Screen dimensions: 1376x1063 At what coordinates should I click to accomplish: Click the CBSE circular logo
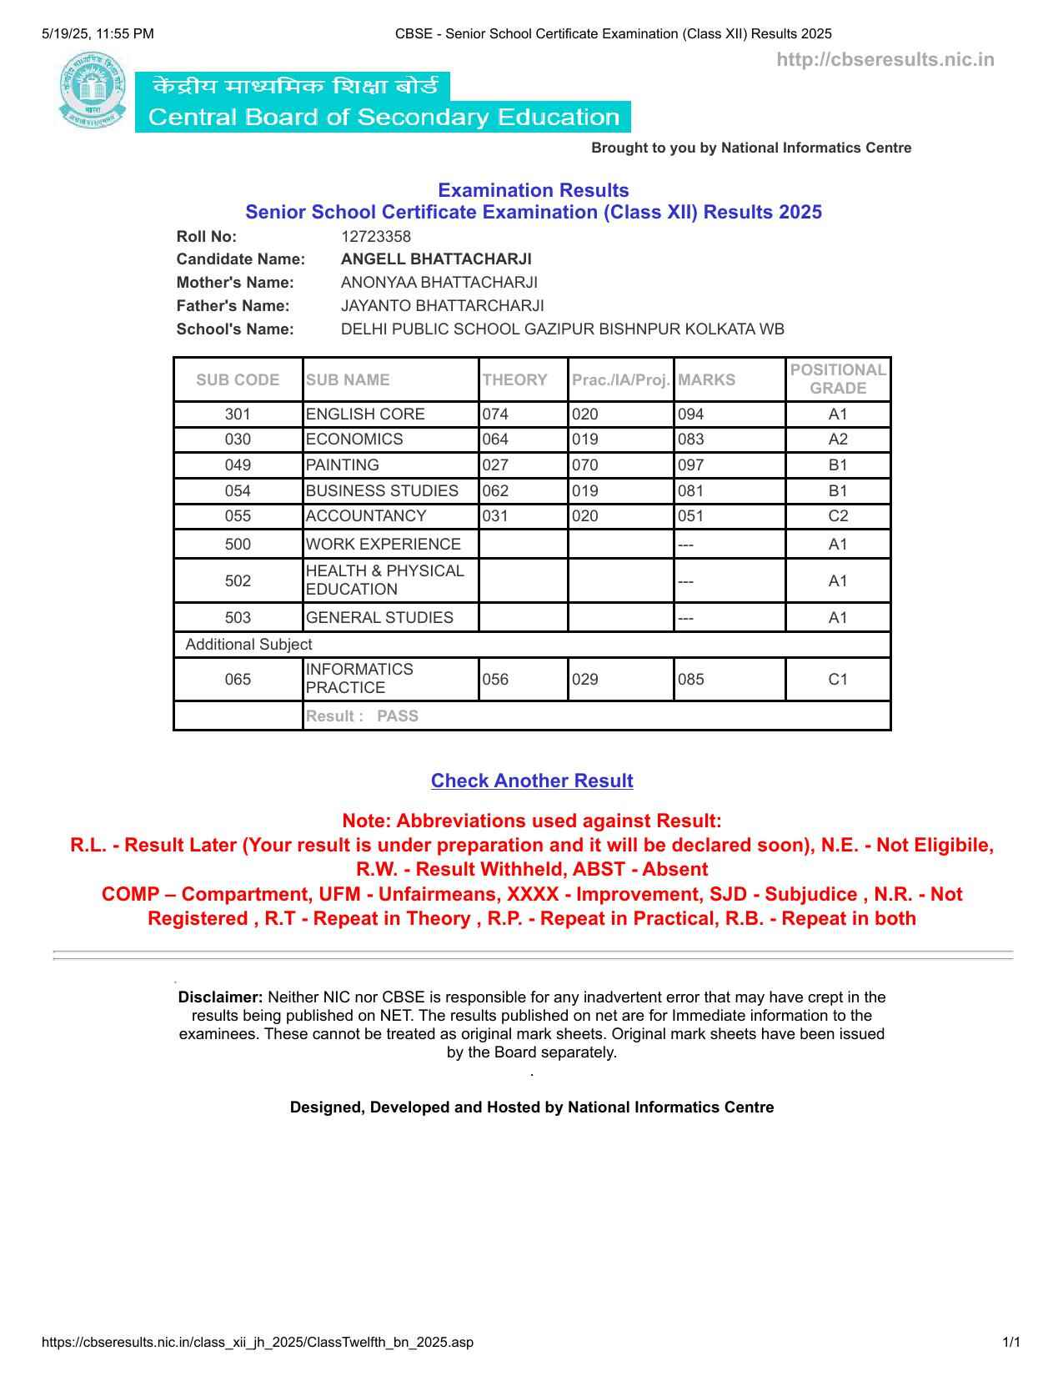pyautogui.click(x=93, y=90)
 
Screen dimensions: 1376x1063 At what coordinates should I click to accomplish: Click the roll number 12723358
pyautogui.click(x=375, y=237)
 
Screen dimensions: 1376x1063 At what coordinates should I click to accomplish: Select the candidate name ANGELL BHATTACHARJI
pyautogui.click(x=436, y=259)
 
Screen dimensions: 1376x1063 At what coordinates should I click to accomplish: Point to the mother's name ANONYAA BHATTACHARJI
pyautogui.click(x=439, y=283)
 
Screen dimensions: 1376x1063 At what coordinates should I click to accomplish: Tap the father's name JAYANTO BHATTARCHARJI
pyautogui.click(x=442, y=306)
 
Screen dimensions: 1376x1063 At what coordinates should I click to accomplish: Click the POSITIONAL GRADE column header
pyautogui.click(x=837, y=379)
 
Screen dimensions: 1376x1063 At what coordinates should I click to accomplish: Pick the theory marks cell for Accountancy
pyautogui.click(x=495, y=516)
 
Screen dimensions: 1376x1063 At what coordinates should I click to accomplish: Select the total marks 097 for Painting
pyautogui.click(x=691, y=465)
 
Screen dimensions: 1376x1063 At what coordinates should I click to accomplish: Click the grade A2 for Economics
pyautogui.click(x=837, y=439)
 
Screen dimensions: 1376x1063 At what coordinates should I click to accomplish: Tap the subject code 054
pyautogui.click(x=238, y=491)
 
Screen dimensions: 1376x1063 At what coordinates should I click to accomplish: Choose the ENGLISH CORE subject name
pyautogui.click(x=365, y=414)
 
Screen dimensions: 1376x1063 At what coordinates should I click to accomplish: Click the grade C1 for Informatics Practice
pyautogui.click(x=837, y=680)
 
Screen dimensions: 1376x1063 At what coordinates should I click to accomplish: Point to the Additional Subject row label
pyautogui.click(x=248, y=645)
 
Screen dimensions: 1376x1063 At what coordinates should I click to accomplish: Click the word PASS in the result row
pyautogui.click(x=398, y=716)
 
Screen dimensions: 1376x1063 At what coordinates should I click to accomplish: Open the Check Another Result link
pyautogui.click(x=532, y=781)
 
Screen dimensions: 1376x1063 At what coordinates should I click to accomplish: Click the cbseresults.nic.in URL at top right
pyautogui.click(x=885, y=60)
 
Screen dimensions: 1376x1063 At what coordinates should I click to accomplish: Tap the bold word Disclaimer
pyautogui.click(x=220, y=997)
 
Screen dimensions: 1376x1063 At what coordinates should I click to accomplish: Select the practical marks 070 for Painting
pyautogui.click(x=585, y=465)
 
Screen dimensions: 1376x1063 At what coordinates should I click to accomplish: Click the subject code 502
pyautogui.click(x=238, y=580)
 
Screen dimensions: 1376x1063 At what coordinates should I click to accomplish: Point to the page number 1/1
pyautogui.click(x=1011, y=1343)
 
